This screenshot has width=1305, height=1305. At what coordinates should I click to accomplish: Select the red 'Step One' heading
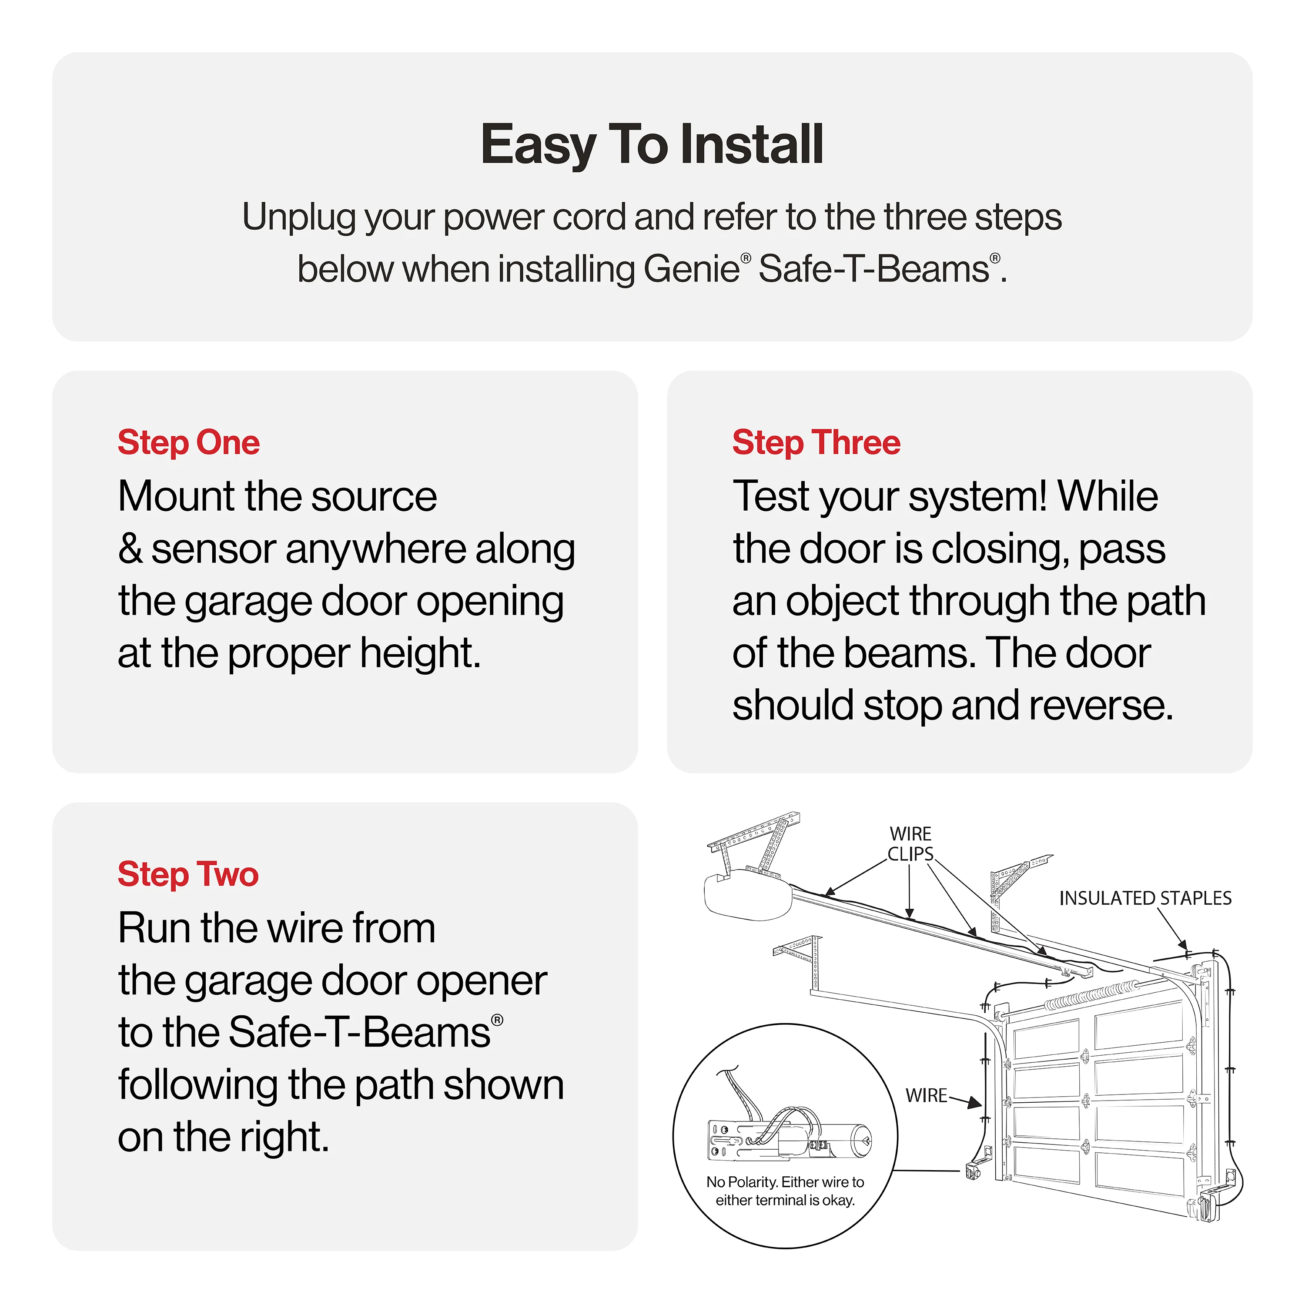188,443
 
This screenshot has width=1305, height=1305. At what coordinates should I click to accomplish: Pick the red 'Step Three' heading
816,443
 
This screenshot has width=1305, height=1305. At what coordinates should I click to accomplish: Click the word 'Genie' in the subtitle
692,270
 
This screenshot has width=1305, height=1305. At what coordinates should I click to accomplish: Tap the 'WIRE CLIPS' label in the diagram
910,843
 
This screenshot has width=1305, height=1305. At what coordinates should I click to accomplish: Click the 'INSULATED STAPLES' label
1145,898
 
